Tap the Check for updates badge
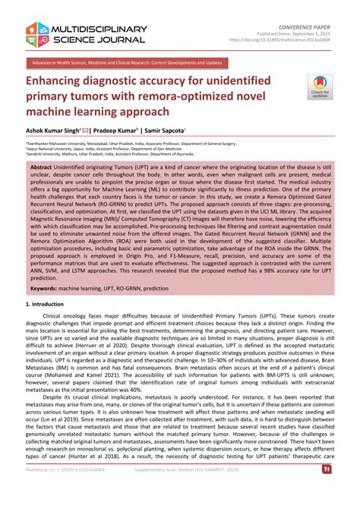(320, 87)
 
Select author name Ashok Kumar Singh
(55, 130)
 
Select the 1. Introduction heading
(45, 304)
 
